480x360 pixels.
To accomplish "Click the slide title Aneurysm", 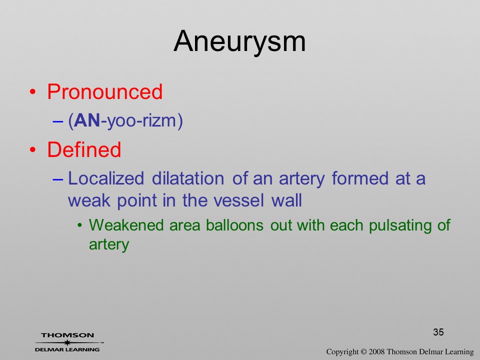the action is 239,42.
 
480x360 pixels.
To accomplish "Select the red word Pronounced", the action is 104,91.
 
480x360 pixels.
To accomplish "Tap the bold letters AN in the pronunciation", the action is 87,120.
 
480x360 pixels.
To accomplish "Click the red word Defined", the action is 84,149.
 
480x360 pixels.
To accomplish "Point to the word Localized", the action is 106,179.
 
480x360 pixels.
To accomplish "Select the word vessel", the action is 238,201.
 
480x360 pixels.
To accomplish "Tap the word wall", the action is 286,200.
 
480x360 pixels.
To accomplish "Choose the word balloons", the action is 234,225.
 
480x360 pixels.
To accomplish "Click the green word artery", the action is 109,245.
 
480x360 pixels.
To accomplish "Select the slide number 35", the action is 438,332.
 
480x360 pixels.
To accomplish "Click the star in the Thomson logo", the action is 67,342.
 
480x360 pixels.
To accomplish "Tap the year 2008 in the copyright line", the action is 376,352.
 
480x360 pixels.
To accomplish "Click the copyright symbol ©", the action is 363,352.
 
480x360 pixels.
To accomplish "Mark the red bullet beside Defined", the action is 33,149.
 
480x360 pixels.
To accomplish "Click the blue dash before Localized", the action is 58,179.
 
